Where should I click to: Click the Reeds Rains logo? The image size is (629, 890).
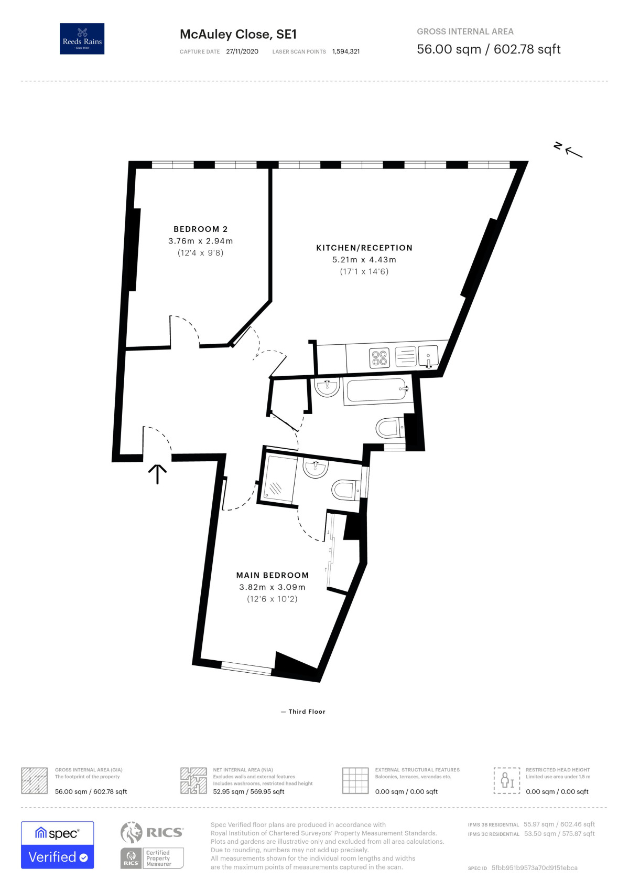pos(82,38)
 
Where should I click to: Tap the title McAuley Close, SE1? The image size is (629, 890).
pos(238,34)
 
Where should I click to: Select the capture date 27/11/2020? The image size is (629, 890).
pos(242,51)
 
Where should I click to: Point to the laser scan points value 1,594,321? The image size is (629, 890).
pos(346,51)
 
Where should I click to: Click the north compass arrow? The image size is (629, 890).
pos(574,152)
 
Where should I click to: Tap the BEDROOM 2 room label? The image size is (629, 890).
pos(200,229)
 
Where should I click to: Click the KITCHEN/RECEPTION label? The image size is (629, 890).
pos(364,248)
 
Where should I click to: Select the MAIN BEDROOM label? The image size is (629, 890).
pos(272,575)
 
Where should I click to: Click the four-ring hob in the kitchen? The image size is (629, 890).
pos(379,357)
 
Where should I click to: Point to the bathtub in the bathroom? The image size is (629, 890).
pos(377,390)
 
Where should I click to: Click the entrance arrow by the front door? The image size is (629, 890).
pos(158,474)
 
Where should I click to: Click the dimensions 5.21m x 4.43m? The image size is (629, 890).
pos(364,259)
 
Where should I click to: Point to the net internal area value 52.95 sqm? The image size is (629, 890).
pos(228,791)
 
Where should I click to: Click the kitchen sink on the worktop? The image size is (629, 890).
pos(428,356)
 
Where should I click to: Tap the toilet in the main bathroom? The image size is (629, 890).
pos(390,428)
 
